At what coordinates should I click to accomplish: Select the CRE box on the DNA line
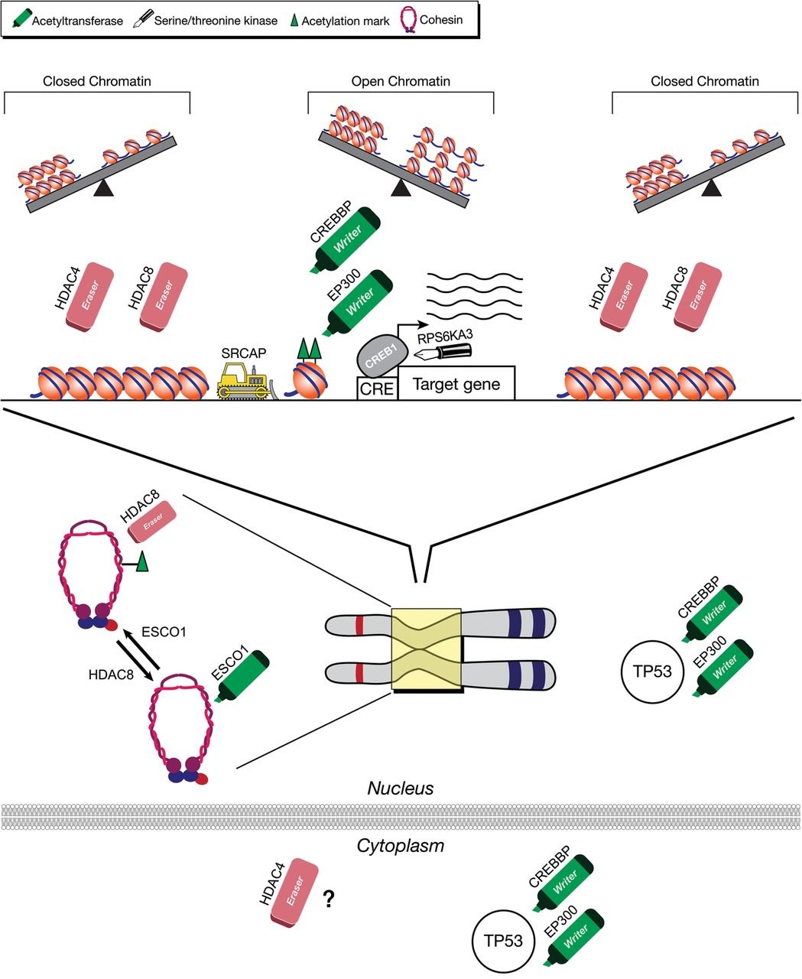[x=378, y=388]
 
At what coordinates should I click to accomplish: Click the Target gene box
[x=456, y=383]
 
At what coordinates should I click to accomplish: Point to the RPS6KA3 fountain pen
[x=443, y=351]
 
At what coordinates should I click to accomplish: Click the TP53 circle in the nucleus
[x=653, y=672]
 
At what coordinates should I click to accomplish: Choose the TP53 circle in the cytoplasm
[x=504, y=941]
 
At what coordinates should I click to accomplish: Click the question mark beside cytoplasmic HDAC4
[x=329, y=899]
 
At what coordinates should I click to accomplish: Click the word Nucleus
[x=401, y=789]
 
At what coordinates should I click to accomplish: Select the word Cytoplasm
[x=401, y=846]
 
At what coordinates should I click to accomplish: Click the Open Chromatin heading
[x=401, y=81]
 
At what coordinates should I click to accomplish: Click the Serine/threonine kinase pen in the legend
[x=143, y=18]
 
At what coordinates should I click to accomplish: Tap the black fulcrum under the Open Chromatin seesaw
[x=401, y=188]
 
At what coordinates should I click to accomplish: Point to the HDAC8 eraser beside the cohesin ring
[x=153, y=522]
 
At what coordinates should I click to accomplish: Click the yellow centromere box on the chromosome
[x=426, y=649]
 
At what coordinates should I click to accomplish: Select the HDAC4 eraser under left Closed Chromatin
[x=90, y=297]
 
